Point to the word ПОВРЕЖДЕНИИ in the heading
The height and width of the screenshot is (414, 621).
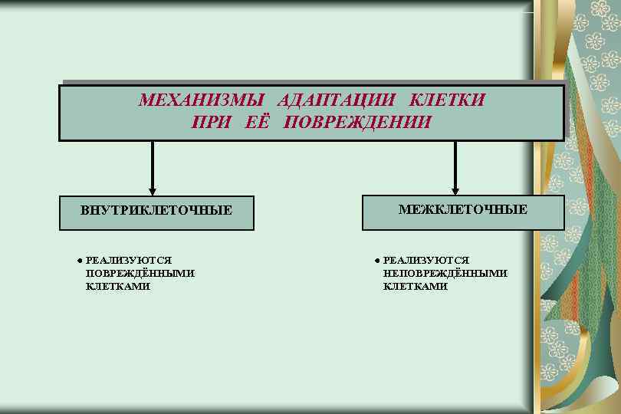pos(357,123)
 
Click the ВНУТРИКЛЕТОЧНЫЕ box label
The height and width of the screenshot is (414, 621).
pos(156,210)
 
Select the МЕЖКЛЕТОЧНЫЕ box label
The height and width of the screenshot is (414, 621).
pos(463,209)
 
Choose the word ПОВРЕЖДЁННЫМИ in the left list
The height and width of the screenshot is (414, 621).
pos(140,273)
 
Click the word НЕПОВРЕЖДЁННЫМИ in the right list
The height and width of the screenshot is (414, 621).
pos(445,273)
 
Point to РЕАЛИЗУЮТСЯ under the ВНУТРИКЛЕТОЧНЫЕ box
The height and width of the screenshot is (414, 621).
pos(129,261)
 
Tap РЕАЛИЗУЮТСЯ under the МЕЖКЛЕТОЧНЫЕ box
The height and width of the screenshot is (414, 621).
pos(426,261)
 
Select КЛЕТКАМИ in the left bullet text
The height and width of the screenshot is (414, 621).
pos(118,286)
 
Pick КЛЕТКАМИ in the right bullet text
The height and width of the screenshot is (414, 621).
pos(415,286)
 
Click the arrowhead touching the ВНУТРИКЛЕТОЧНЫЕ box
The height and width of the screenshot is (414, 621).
pos(153,192)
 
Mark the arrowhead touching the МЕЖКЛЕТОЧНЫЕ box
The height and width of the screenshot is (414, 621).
pos(455,192)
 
